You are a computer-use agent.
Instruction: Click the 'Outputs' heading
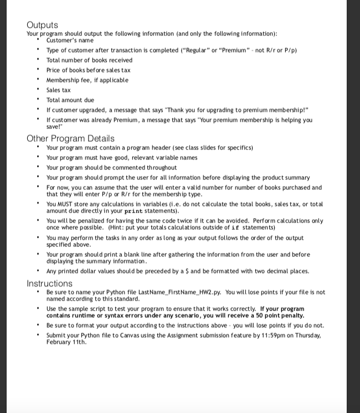coord(42,25)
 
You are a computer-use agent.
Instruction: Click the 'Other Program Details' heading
coord(70,138)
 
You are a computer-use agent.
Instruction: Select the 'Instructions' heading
coord(49,283)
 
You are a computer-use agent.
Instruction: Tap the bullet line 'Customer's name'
coord(70,40)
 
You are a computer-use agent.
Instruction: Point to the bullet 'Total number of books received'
coord(89,60)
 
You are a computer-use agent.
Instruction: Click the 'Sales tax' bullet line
coord(58,90)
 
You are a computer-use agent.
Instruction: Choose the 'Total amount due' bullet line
coord(70,100)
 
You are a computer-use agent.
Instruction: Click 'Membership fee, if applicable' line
coord(87,80)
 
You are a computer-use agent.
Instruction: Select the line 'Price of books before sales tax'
coord(88,70)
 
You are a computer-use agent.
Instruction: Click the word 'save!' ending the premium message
coord(54,126)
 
